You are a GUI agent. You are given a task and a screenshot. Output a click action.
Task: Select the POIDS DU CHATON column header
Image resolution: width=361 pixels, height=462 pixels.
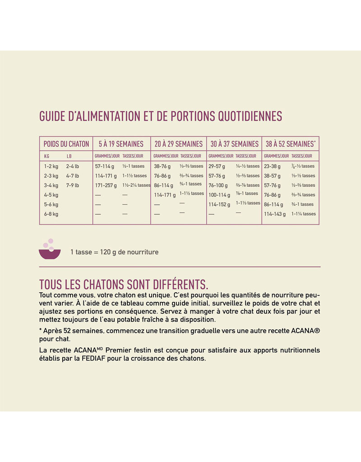click(x=66, y=144)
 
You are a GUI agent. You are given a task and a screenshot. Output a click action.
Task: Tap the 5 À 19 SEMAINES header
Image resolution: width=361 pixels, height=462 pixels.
click(x=121, y=144)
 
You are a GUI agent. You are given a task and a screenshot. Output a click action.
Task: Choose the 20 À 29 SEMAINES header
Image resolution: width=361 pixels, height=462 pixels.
click(x=179, y=144)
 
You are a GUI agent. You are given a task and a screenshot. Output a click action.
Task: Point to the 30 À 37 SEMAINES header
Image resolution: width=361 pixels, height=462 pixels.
click(x=234, y=144)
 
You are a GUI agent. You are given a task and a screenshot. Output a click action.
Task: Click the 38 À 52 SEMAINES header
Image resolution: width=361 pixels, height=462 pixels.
click(x=290, y=144)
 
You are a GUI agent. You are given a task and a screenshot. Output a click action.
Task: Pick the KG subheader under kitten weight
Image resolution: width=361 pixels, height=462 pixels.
click(x=46, y=156)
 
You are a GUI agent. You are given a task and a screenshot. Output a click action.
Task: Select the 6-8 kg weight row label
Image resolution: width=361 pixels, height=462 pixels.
click(x=51, y=214)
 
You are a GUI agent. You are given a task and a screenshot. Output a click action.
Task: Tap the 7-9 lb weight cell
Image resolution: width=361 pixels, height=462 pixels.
click(x=72, y=185)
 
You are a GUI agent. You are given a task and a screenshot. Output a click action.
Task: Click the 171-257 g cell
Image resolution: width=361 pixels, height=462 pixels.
click(x=106, y=185)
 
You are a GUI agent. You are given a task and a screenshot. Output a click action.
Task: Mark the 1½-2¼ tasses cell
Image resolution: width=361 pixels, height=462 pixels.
click(x=136, y=185)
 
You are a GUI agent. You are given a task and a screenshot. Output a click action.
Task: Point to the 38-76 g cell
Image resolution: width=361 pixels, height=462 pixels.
click(x=162, y=166)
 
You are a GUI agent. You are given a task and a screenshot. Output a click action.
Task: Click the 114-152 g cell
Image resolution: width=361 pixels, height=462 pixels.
click(x=219, y=204)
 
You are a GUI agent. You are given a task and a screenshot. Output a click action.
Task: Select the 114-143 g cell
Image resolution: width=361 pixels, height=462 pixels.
click(x=275, y=214)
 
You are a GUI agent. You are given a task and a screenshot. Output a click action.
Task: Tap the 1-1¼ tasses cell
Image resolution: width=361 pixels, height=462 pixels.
click(x=303, y=214)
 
